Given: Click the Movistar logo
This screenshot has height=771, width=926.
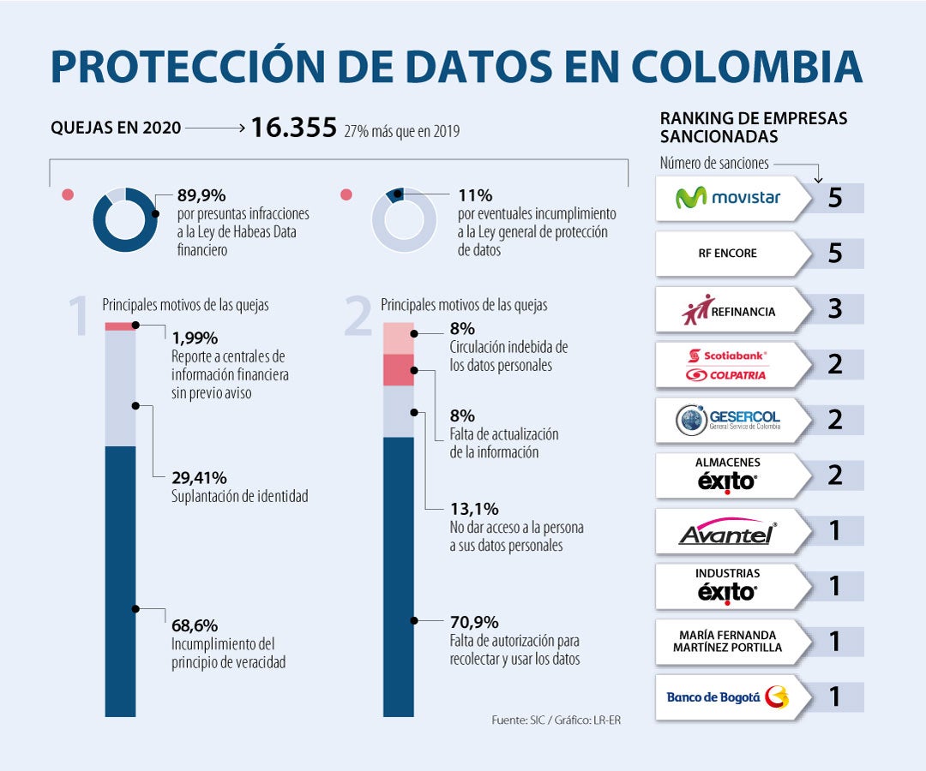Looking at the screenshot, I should click(728, 198).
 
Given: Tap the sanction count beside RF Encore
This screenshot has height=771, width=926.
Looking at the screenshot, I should click(834, 254).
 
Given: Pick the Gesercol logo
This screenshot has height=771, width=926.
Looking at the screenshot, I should click(728, 420).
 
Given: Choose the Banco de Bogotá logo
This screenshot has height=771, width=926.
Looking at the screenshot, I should click(728, 697).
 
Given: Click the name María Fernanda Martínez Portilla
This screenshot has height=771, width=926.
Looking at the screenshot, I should click(728, 641).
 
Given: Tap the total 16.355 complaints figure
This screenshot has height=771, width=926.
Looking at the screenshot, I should click(293, 128).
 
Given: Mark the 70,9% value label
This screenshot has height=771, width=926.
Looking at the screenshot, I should click(474, 622).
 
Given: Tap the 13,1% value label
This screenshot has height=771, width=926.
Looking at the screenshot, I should click(474, 508).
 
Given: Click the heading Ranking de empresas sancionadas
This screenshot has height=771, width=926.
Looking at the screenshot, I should click(753, 127).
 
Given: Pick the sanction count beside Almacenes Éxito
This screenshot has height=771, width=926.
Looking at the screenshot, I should click(834, 475).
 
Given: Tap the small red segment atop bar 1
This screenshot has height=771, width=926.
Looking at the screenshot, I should click(120, 326).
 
